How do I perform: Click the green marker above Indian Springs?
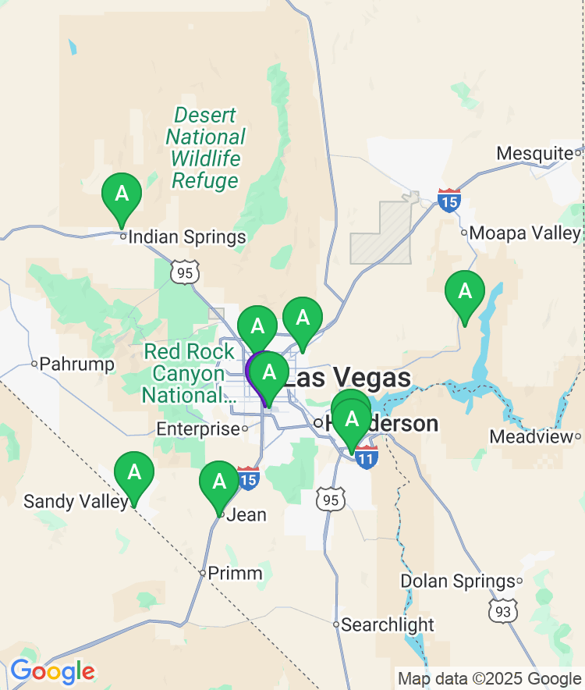coord(122,194)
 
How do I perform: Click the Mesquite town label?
coord(534,153)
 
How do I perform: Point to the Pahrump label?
coord(76,364)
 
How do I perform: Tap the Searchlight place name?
coord(388,624)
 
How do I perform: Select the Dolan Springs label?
coord(458,582)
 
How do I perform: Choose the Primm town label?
coord(235,574)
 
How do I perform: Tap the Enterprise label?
coord(198,429)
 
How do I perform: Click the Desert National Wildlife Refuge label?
coord(205,148)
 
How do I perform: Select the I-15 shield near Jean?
coord(248,478)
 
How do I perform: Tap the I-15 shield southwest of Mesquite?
coord(448,201)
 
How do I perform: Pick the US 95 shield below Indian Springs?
coord(188,272)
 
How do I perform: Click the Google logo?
coord(52,670)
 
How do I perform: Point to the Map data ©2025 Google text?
coord(489,678)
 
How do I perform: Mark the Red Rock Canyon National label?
coord(189,373)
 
